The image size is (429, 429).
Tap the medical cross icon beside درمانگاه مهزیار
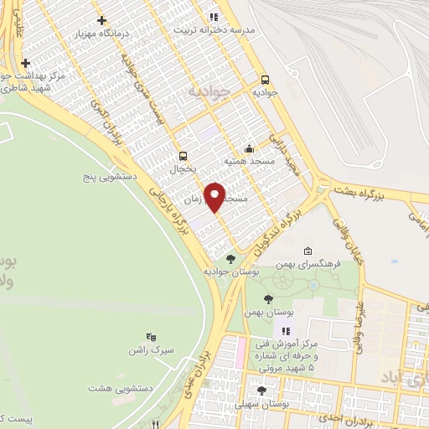pos(101,20)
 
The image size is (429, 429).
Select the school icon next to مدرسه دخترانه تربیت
pos(214,16)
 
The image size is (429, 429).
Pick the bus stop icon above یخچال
pos(183,155)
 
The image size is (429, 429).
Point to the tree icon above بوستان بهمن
pos(268,299)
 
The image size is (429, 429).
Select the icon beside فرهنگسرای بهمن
pos(308,251)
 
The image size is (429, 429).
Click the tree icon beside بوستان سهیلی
pos(261,390)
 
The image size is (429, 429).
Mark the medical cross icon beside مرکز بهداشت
pos(25,62)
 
